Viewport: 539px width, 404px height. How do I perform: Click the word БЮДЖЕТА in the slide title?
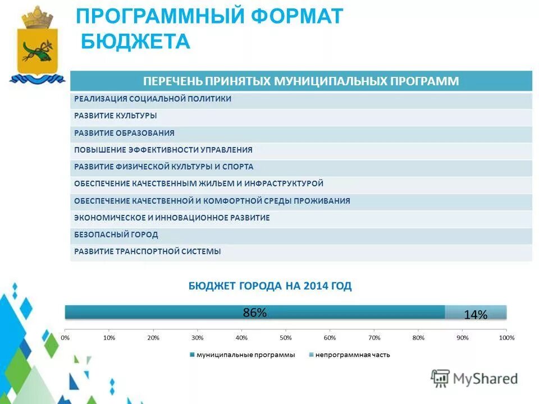(136, 41)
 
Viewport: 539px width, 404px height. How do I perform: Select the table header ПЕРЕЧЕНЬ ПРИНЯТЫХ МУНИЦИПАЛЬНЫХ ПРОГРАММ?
(301, 81)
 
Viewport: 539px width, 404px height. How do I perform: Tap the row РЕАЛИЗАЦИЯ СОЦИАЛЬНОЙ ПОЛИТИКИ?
(153, 99)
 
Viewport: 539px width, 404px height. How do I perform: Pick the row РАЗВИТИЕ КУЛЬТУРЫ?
(115, 116)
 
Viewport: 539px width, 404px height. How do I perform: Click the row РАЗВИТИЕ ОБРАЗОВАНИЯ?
(124, 133)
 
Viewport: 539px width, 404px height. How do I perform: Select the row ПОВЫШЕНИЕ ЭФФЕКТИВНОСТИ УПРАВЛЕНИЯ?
(163, 150)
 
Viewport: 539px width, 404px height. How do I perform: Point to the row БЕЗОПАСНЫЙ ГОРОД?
(116, 235)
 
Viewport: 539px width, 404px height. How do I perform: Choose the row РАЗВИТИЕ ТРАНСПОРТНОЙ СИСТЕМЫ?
(148, 251)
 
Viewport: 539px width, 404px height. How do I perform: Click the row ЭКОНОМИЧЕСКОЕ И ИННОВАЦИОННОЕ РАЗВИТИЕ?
(172, 218)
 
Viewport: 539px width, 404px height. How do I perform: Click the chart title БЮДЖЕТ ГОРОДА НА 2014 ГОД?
(269, 286)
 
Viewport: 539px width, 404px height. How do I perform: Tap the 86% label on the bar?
(254, 313)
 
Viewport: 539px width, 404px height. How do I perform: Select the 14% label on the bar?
(476, 315)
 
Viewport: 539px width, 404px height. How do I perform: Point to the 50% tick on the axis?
(286, 338)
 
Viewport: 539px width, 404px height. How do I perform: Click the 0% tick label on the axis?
(65, 338)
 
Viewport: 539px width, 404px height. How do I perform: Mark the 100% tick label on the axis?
(506, 338)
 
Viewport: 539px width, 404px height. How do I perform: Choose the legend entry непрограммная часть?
(353, 355)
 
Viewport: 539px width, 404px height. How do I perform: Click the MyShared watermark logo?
(474, 379)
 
